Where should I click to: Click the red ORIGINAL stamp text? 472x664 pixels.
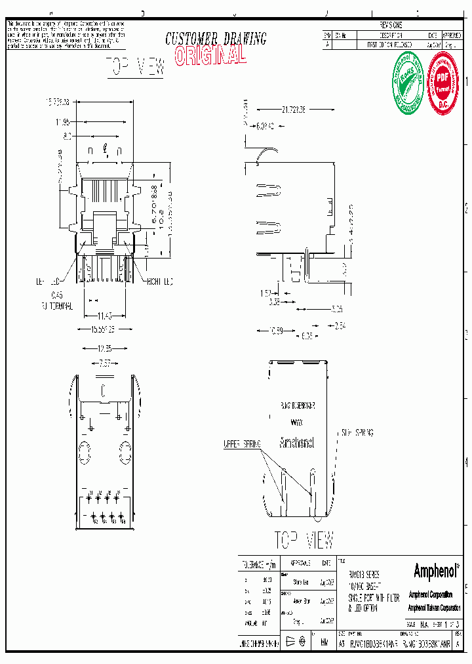click(210, 56)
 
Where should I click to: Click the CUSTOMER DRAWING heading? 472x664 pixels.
click(216, 39)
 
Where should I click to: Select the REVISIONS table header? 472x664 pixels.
click(391, 25)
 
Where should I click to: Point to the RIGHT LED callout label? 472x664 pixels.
click(159, 281)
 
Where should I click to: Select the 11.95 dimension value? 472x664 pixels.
click(63, 122)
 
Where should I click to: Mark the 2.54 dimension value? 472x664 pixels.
click(339, 325)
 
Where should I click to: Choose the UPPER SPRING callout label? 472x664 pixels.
click(241, 444)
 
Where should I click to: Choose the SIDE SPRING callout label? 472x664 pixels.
click(357, 433)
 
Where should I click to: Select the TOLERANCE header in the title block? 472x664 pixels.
click(258, 564)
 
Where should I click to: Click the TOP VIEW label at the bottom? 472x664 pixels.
click(304, 539)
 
